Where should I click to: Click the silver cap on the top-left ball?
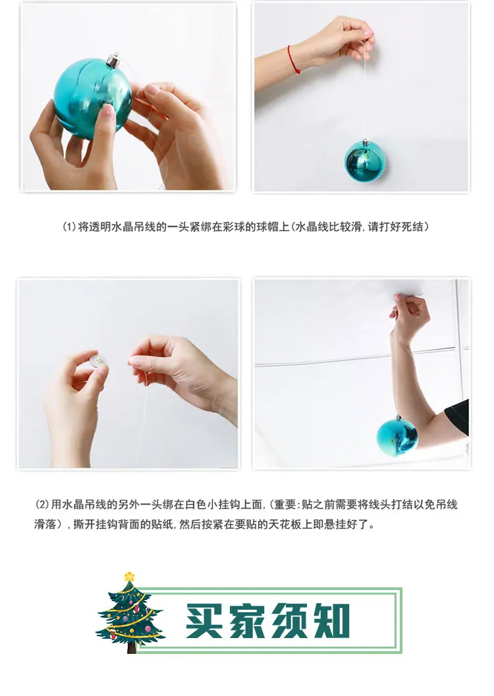[114, 60]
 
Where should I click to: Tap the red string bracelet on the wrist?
[293, 59]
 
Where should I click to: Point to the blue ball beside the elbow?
[397, 436]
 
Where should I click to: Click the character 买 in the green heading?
[204, 620]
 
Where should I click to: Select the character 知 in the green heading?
[331, 620]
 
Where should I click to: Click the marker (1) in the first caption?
[69, 227]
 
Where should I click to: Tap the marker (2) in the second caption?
[41, 504]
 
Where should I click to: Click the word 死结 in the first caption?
[413, 227]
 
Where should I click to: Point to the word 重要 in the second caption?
[284, 504]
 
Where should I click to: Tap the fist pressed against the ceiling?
[410, 312]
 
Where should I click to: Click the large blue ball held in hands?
[94, 98]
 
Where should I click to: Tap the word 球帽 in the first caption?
[267, 227]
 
